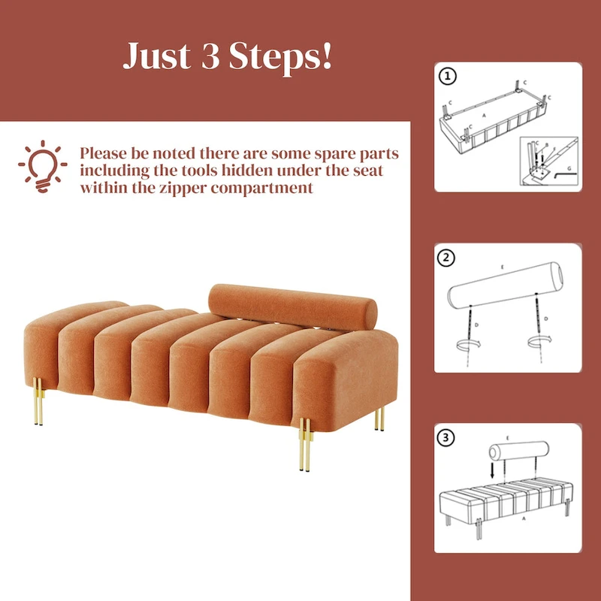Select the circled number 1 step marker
pyautogui.click(x=448, y=75)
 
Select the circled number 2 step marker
pyautogui.click(x=448, y=257)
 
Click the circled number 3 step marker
pyautogui.click(x=448, y=437)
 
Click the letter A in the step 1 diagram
pyautogui.click(x=483, y=116)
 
